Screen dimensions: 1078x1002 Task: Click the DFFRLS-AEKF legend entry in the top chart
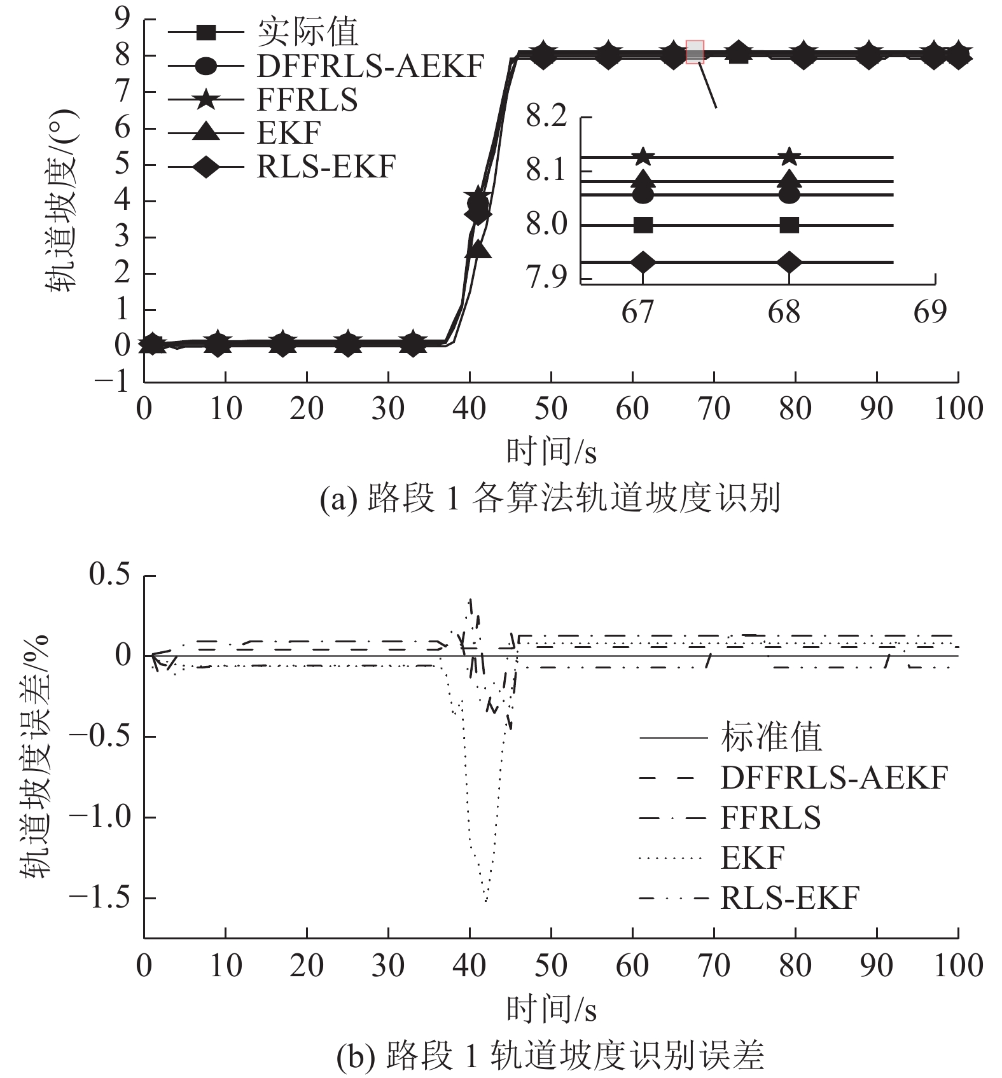tap(370, 66)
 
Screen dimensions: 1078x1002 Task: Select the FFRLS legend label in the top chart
tap(307, 100)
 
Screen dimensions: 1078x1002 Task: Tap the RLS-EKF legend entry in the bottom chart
tap(790, 898)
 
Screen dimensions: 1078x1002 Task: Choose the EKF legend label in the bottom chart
tap(753, 858)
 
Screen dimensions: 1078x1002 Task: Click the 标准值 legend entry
tap(771, 738)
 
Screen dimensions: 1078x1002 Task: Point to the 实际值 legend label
tap(307, 32)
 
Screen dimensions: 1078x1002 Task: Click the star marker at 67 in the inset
tap(643, 156)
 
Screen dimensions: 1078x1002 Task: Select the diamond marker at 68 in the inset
tap(790, 262)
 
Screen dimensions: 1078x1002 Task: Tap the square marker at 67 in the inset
tap(643, 225)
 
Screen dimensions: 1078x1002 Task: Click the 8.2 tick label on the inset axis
tap(546, 117)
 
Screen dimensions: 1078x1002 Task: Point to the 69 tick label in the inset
tap(930, 312)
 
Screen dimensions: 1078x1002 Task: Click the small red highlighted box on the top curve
tap(695, 52)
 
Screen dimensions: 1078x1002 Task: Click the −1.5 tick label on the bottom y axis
tap(99, 897)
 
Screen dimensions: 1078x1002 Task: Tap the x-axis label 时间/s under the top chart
tap(551, 452)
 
